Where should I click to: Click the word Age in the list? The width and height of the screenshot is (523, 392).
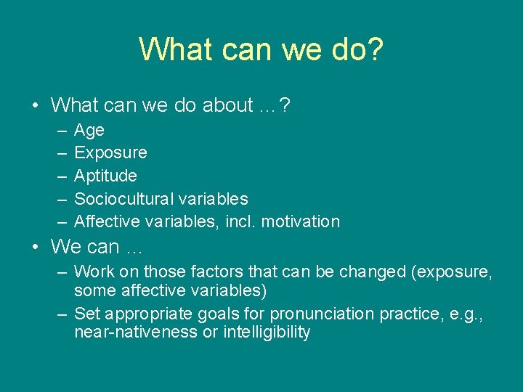coord(89,131)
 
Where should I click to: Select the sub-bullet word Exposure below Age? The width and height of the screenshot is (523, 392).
coord(110,153)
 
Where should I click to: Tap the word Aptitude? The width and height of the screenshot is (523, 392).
coord(105,176)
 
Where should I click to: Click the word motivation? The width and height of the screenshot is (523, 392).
coord(300,221)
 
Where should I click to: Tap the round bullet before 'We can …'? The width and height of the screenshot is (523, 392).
coord(35,247)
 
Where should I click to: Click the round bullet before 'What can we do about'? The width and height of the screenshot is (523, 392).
coord(35,105)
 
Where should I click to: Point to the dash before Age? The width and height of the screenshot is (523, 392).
coord(58,131)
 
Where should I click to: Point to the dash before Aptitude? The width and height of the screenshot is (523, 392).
coord(58,176)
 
